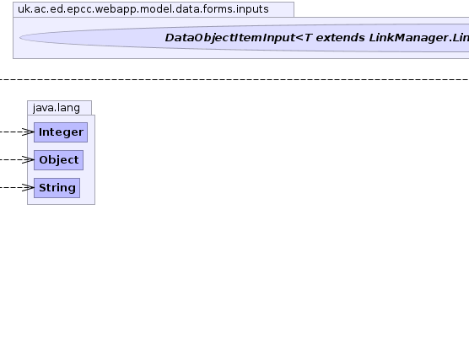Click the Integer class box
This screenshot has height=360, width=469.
click(61, 132)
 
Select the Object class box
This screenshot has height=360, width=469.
click(59, 160)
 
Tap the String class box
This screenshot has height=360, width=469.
click(57, 188)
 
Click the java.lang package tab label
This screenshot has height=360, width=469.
click(57, 108)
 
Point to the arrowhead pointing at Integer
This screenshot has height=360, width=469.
click(29, 132)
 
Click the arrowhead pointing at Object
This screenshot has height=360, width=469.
click(29, 159)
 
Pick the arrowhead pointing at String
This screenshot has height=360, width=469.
click(29, 187)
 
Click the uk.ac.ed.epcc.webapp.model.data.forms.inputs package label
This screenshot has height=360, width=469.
click(143, 9)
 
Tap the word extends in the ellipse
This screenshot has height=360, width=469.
click(341, 38)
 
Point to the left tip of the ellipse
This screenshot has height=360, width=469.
click(19, 37)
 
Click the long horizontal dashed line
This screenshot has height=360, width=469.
click(234, 79)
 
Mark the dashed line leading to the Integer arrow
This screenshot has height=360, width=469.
click(11, 132)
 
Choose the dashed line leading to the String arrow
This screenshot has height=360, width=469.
click(11, 187)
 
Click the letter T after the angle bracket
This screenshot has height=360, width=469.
click(309, 38)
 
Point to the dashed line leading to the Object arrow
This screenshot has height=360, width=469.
click(11, 159)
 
